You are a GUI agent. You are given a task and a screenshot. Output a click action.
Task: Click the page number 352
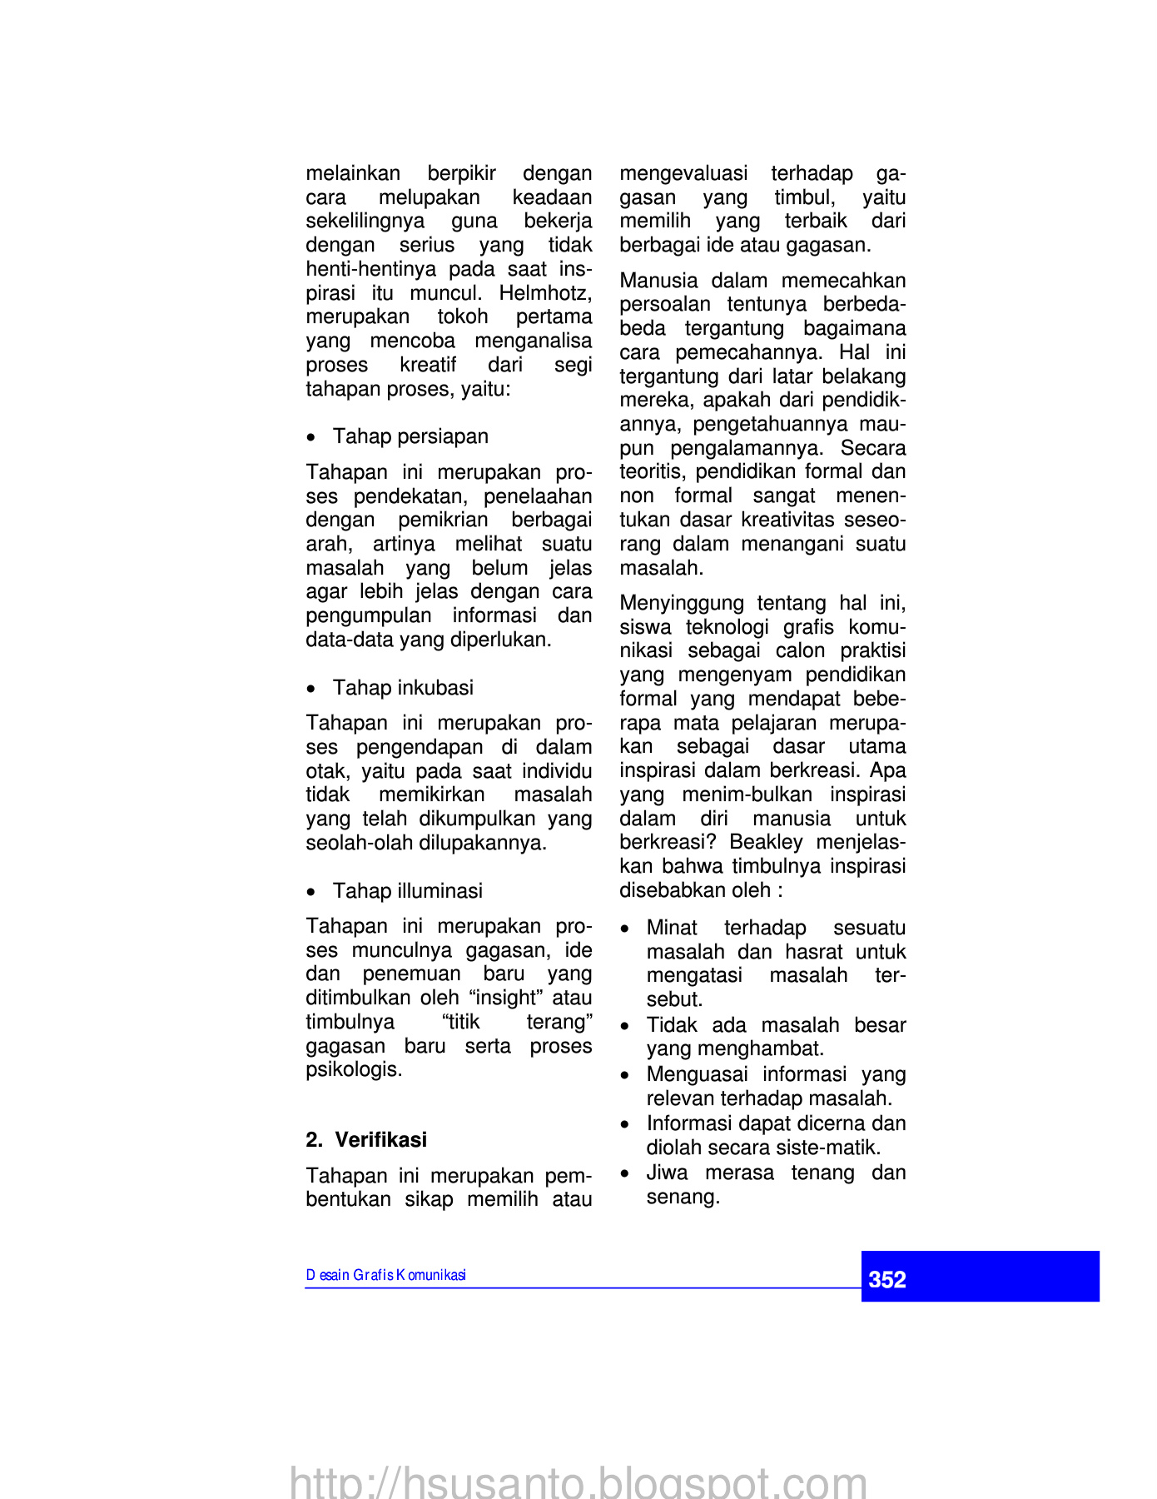[x=886, y=1279]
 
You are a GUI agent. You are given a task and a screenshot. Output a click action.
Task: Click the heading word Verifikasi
[x=380, y=1139]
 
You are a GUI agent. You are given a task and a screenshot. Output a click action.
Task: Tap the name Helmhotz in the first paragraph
[x=545, y=293]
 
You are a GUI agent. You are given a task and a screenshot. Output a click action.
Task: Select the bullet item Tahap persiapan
[x=410, y=436]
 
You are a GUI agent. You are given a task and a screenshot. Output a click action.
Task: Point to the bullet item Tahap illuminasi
[x=407, y=891]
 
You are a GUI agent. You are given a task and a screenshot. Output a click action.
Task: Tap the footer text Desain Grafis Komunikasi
[x=385, y=1275]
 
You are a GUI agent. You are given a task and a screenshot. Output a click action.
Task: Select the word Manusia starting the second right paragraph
[x=658, y=281]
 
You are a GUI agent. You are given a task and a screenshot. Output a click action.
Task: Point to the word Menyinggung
[x=682, y=603]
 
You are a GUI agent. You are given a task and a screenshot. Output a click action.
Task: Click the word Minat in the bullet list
[x=672, y=928]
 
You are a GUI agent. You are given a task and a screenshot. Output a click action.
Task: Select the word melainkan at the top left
[x=353, y=173]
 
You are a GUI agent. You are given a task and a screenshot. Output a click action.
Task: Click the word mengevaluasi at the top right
[x=683, y=173]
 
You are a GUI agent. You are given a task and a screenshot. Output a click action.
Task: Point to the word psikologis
[x=354, y=1069]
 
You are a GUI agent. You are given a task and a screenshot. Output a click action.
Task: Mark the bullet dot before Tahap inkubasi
[x=311, y=689]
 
